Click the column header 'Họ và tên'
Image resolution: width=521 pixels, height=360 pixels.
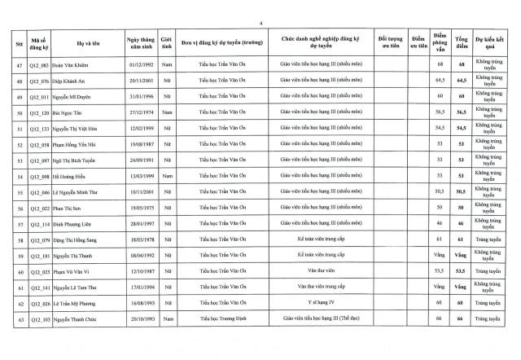click(x=83, y=41)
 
